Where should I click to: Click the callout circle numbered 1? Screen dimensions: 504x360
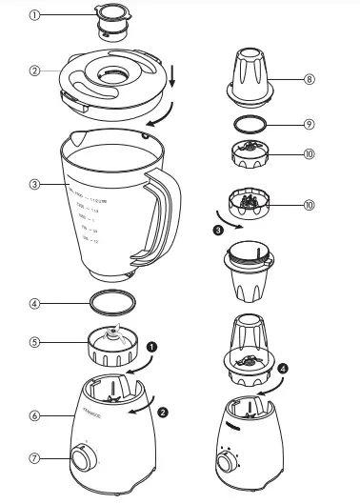coord(36,15)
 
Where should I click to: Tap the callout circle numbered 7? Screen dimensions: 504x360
coord(34,458)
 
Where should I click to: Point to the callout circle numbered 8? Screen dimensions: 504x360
coord(309,80)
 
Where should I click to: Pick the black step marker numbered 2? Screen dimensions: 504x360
coord(163,413)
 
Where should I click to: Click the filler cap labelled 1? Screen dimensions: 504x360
coord(111,19)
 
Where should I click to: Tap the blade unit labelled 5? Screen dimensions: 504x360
coord(113,344)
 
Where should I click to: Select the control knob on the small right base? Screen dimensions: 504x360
coord(230,462)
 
